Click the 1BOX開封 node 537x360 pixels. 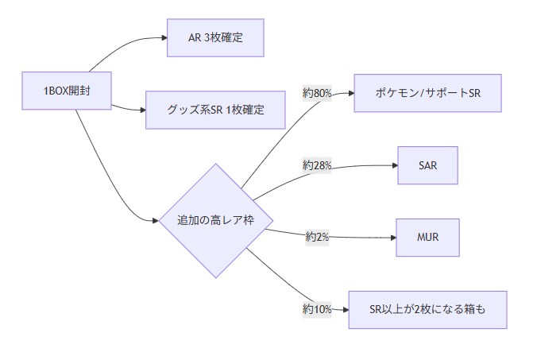[x=68, y=91]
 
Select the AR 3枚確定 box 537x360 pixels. [x=214, y=38]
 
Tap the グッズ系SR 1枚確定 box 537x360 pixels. [x=215, y=110]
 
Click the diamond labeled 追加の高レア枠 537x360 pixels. [x=215, y=220]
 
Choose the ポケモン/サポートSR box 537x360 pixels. [x=428, y=93]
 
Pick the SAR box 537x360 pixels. [x=427, y=165]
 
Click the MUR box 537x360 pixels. [x=427, y=237]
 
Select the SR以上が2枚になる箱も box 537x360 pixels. [x=427, y=309]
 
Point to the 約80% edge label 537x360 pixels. [x=317, y=94]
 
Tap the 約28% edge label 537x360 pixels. [x=317, y=165]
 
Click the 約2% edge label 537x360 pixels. [x=317, y=237]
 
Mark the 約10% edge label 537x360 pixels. [x=317, y=309]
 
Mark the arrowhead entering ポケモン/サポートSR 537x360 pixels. [x=350, y=93]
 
